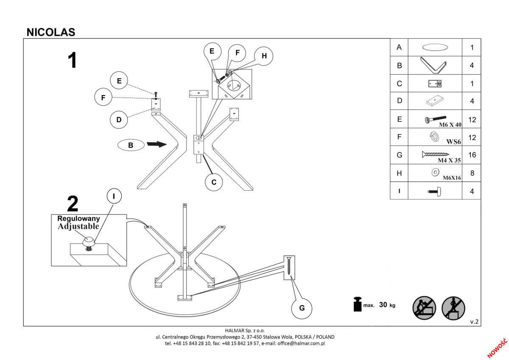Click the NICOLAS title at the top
point(51,32)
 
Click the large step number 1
point(73,60)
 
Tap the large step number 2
point(73,204)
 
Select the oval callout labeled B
point(131,145)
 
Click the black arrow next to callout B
point(157,145)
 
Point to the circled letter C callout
point(214,182)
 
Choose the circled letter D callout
point(119,120)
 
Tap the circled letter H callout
point(264,56)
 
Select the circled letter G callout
point(302,308)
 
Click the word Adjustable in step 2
point(78,226)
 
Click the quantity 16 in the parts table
point(472,155)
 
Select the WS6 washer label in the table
point(453,142)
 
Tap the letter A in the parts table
point(399,48)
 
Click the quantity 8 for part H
point(472,173)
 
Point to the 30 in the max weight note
point(383,305)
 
